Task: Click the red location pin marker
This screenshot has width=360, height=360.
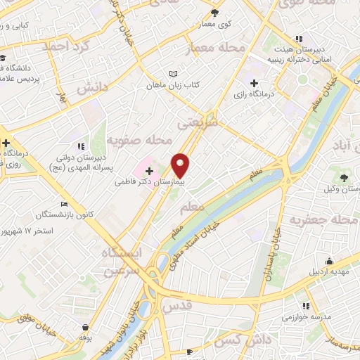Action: pyautogui.click(x=181, y=165)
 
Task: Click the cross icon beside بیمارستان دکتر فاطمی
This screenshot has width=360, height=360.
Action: pyautogui.click(x=149, y=170)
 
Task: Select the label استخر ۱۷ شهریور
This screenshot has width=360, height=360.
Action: pyautogui.click(x=28, y=231)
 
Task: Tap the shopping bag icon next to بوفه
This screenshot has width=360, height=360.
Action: pyautogui.click(x=86, y=328)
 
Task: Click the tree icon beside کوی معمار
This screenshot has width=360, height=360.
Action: pyautogui.click(x=215, y=13)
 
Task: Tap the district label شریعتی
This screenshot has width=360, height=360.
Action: pyautogui.click(x=193, y=124)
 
